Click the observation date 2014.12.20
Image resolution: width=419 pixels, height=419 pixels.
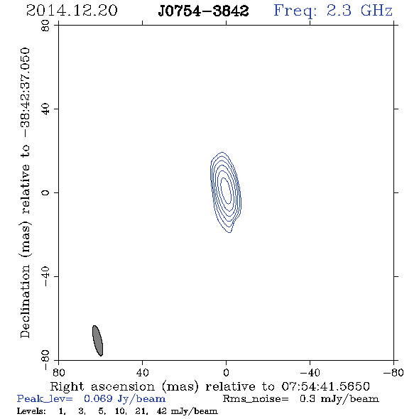[x=72, y=11]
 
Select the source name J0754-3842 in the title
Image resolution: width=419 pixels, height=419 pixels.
[x=203, y=11]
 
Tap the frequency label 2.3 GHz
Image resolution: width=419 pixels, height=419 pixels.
[x=359, y=11]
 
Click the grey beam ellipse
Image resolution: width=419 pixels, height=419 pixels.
[x=97, y=341]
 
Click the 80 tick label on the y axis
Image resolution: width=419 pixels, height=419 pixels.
[x=45, y=26]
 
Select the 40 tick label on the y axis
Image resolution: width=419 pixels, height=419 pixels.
[x=45, y=109]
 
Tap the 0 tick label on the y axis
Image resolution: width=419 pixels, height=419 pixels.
[x=45, y=192]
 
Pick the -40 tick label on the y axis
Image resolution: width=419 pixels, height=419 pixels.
[x=45, y=276]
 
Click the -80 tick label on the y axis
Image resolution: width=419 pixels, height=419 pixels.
[x=45, y=360]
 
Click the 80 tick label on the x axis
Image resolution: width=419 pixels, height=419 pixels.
[x=58, y=373]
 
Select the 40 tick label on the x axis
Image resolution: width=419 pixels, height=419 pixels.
[x=142, y=373]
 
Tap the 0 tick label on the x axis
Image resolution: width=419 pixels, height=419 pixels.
[x=226, y=373]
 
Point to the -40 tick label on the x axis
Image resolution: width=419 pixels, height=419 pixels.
[x=310, y=373]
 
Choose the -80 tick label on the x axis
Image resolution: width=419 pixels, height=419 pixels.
[x=393, y=373]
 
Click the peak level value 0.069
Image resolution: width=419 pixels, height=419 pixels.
[x=98, y=398]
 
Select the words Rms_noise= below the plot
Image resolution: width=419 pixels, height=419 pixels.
[x=256, y=399]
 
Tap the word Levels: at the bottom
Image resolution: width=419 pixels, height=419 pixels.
[x=31, y=410]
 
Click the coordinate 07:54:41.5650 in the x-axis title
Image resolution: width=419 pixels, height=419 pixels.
[x=325, y=386]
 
